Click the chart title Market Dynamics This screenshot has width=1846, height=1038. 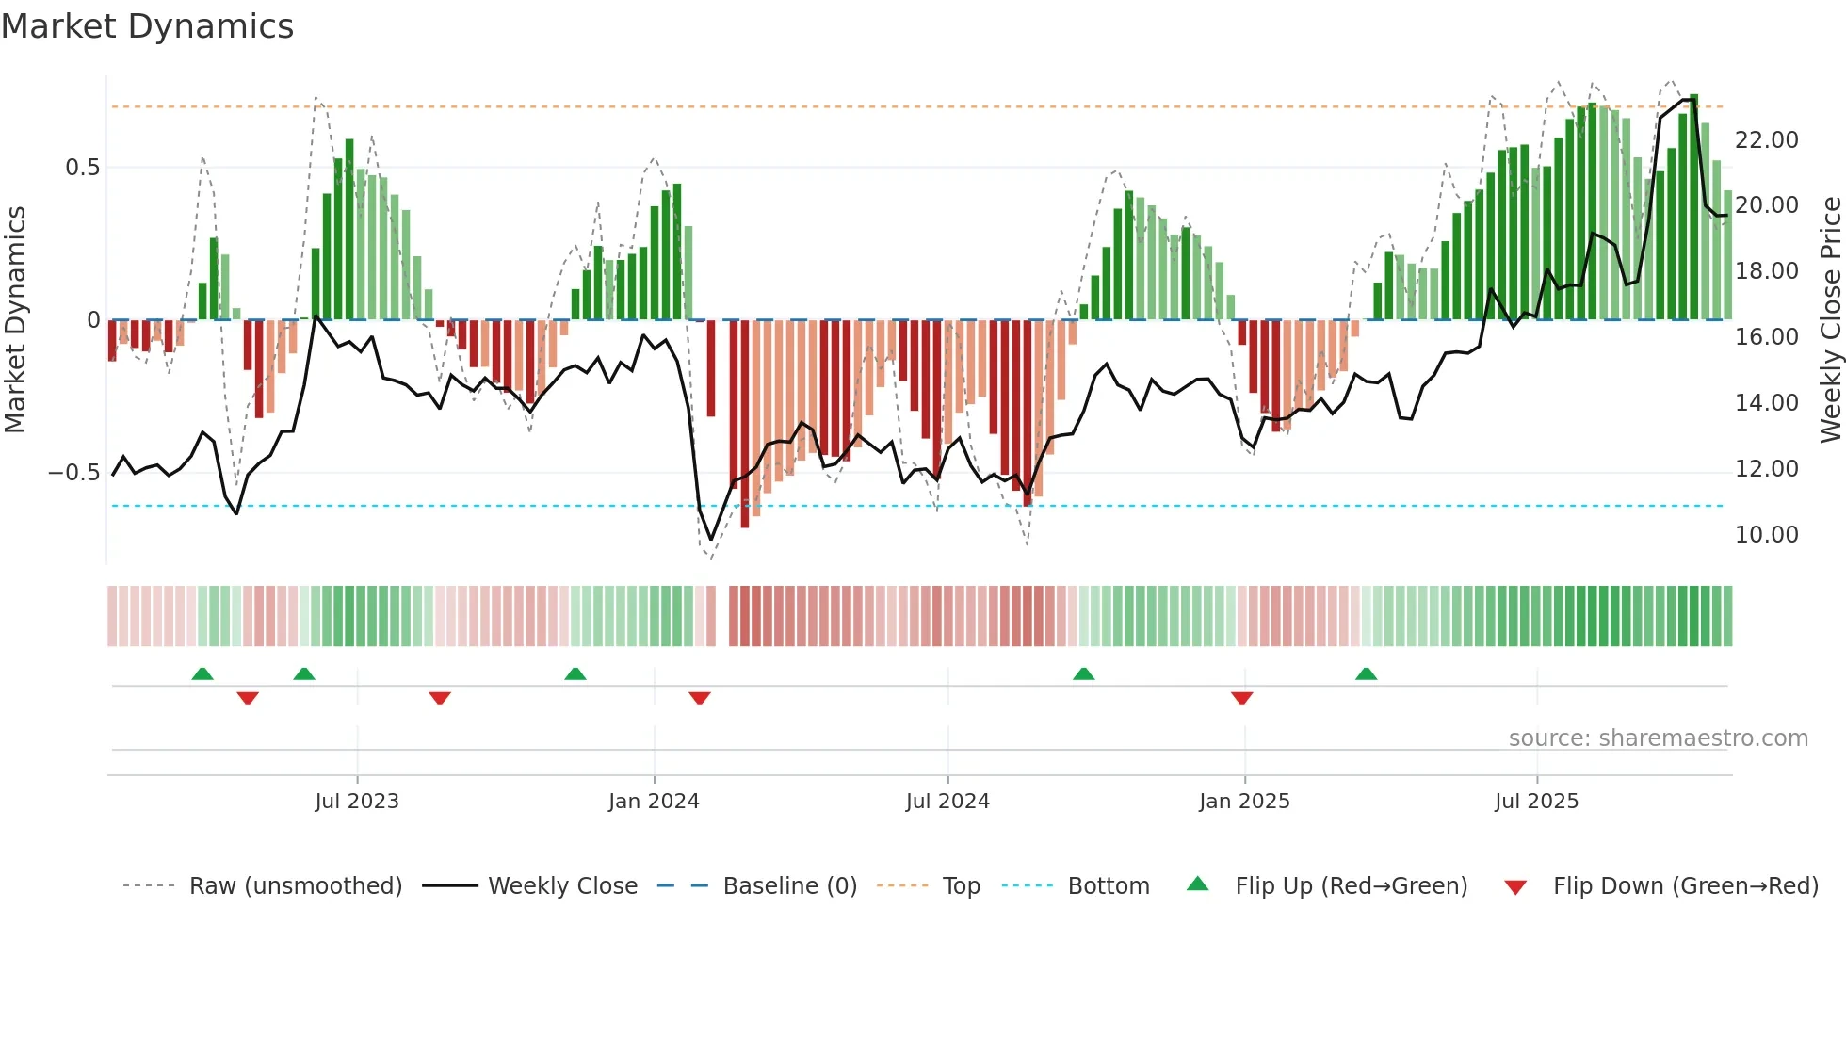point(147,26)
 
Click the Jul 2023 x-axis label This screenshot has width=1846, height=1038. point(357,802)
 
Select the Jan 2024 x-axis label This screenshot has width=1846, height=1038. point(654,802)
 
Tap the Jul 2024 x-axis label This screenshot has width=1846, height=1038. point(947,802)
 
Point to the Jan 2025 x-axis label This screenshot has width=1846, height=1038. point(1244,802)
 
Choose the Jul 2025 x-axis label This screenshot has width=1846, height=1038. point(1536,802)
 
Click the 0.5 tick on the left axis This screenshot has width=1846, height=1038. point(82,168)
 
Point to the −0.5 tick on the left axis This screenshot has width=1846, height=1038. point(73,473)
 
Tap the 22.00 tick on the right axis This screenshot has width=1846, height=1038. point(1766,140)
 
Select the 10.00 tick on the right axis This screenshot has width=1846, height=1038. point(1766,535)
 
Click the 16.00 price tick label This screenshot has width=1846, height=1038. point(1766,337)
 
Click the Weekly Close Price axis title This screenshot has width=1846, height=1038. point(1830,320)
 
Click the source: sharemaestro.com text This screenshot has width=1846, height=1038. point(1658,738)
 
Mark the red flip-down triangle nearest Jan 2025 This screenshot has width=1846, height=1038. point(1241,698)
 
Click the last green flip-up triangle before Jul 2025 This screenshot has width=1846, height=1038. point(1366,673)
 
